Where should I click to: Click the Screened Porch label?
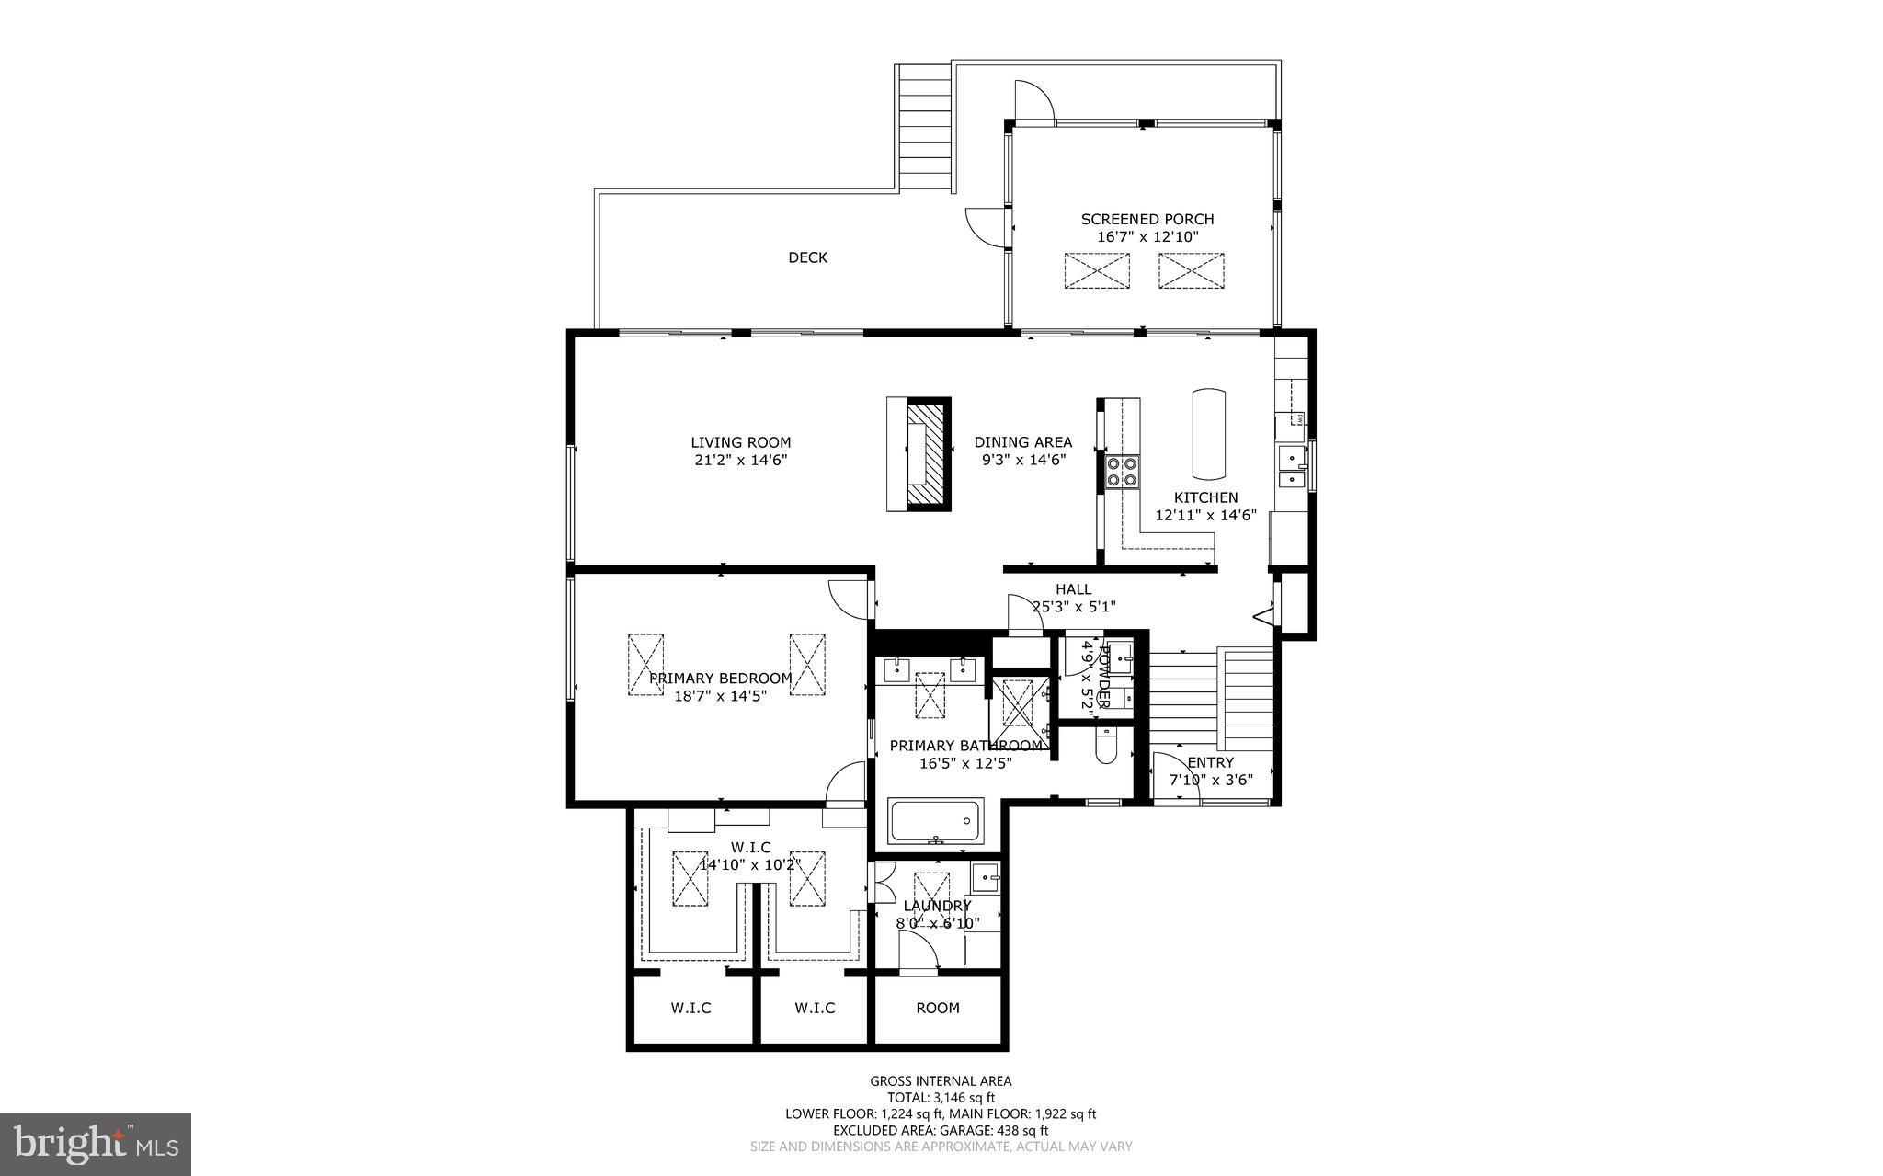(1147, 219)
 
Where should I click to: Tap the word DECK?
(807, 257)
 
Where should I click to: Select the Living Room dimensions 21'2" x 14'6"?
(740, 460)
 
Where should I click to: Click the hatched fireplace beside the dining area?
(927, 454)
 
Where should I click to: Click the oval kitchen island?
(1208, 434)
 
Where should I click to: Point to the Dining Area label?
(1022, 442)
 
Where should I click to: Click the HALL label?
(1073, 589)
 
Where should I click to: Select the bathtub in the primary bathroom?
(935, 820)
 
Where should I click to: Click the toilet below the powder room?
(1106, 745)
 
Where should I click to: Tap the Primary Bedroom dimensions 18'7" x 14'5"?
(720, 695)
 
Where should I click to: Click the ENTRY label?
(1210, 762)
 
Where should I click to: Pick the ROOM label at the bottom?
(937, 1008)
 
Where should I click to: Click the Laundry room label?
(937, 906)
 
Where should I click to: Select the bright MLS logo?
(96, 1144)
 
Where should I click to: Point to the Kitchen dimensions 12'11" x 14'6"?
(1205, 515)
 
